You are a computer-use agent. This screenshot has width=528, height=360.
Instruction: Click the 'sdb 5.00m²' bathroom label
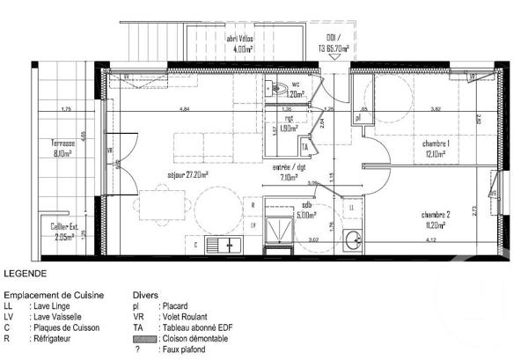(x=305, y=209)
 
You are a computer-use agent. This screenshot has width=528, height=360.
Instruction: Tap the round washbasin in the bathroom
(x=353, y=239)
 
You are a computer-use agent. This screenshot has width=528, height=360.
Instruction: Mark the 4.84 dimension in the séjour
(x=184, y=109)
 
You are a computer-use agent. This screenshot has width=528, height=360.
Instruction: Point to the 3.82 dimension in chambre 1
(x=435, y=109)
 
